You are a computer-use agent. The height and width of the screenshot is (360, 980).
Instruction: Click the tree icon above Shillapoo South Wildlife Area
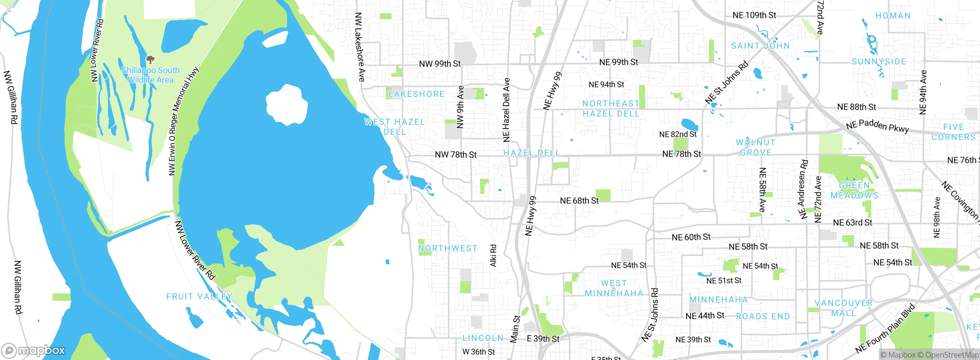point(150,59)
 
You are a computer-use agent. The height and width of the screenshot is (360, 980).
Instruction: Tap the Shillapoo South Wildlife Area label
point(150,75)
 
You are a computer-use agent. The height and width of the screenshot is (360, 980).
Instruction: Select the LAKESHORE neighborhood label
point(416,94)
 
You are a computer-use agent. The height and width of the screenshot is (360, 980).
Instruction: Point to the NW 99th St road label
point(440,64)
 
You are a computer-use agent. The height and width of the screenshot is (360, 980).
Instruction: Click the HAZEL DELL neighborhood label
point(531,153)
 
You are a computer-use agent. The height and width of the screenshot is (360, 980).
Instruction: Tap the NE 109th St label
point(754,15)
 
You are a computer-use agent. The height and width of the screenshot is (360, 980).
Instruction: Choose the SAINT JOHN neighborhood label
point(760,46)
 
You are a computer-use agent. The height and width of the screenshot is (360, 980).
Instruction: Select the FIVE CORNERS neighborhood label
point(953,132)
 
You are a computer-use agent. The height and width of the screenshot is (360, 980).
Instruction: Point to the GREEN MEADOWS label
point(854,190)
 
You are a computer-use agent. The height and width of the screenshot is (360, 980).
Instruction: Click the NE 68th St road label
point(579,201)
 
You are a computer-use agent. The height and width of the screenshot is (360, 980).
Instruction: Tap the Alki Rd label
point(493,255)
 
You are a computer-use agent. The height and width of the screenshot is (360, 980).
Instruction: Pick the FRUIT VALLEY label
point(199,296)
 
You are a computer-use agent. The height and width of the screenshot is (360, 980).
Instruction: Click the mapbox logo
point(34,350)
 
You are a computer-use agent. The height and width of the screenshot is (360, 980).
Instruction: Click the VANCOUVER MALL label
point(843,308)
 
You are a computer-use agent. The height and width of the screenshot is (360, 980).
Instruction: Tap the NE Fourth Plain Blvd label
point(885,328)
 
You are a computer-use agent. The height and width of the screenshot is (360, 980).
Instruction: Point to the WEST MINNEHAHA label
point(614,288)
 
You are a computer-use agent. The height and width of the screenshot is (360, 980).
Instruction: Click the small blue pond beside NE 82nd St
point(689,124)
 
